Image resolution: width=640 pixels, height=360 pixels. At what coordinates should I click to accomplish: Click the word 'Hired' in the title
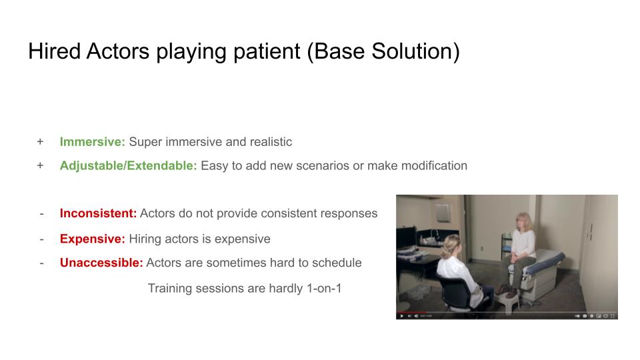pos(54,51)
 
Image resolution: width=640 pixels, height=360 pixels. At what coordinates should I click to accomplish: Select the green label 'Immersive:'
pos(92,141)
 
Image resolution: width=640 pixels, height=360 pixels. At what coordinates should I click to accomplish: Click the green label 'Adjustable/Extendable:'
pos(128,166)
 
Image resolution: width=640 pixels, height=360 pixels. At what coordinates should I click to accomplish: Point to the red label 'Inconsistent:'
pos(98,213)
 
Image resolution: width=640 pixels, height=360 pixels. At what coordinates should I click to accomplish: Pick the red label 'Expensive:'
pos(92,239)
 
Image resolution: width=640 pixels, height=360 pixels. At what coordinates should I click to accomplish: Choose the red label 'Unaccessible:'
pos(101,263)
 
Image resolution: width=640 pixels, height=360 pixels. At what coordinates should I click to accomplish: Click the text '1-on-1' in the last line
pos(324,288)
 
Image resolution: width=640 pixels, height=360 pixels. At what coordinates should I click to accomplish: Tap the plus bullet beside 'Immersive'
pos(40,141)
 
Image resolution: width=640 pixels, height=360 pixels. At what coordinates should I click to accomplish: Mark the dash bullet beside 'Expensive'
pos(41,239)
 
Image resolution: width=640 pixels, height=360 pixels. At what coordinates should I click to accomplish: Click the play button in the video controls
pos(402,316)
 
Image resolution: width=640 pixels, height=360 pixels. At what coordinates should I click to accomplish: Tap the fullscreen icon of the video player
pos(612,316)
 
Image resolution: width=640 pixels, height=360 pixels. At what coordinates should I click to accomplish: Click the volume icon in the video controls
pos(416,316)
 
